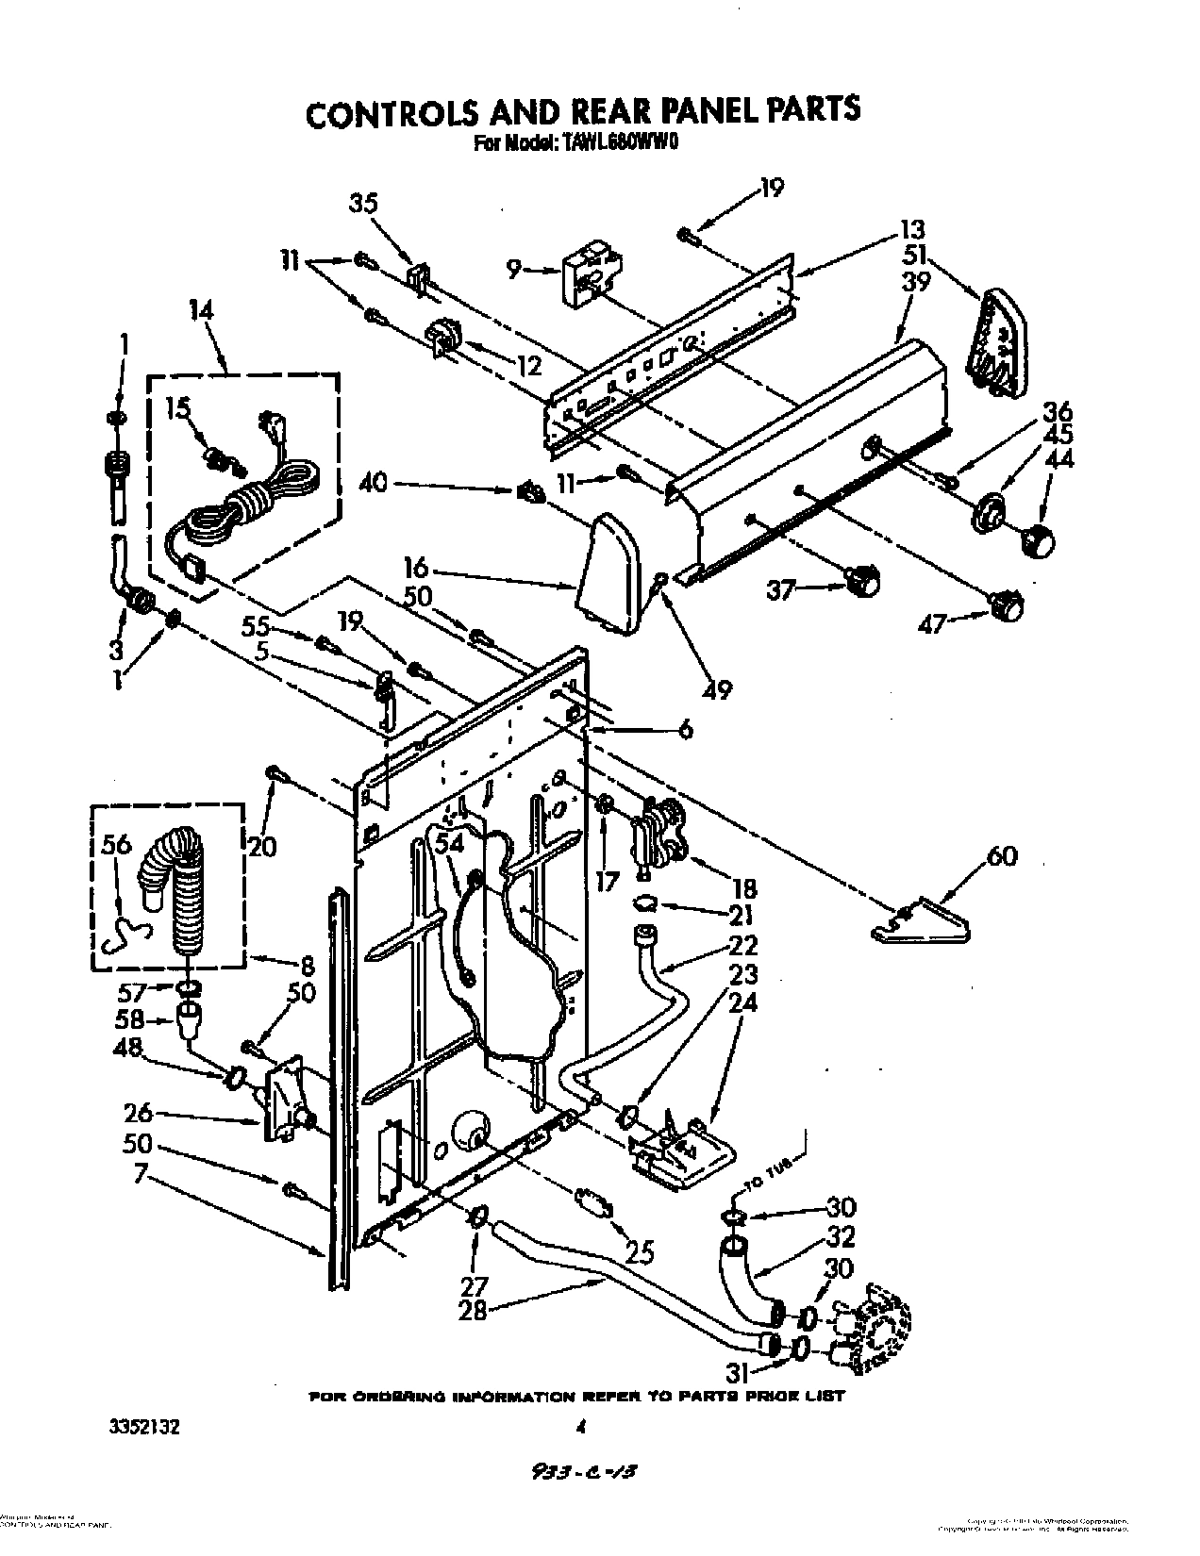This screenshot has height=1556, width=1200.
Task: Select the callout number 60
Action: pyautogui.click(x=1002, y=857)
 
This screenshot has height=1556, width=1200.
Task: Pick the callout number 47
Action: pyautogui.click(x=932, y=624)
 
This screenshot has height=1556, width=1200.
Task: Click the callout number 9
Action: pyautogui.click(x=514, y=271)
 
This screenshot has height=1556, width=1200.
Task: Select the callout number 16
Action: pyautogui.click(x=416, y=568)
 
